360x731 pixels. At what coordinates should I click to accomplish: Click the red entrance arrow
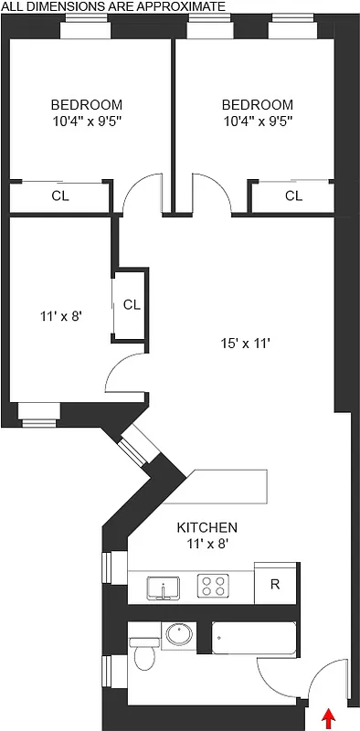coord(330,717)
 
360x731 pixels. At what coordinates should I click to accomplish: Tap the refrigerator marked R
coord(274,585)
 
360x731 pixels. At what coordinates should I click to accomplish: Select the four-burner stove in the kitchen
coord(214,585)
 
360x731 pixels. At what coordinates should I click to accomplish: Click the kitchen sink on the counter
coord(164,587)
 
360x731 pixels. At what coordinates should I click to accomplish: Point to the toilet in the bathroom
coord(144,654)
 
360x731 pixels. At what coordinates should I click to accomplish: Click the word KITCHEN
coord(206,527)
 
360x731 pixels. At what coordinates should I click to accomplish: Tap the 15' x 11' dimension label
coord(245,344)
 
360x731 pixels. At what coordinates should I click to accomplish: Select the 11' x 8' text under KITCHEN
coord(206,543)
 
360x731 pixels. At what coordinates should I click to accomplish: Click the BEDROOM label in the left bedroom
coord(86,105)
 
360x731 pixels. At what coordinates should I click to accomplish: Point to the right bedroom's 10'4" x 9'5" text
coord(257,121)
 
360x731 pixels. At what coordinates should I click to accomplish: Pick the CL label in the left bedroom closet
coord(59,196)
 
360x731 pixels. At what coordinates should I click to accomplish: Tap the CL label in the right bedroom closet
coord(293,196)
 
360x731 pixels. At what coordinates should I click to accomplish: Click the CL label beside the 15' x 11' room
coord(131,304)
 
